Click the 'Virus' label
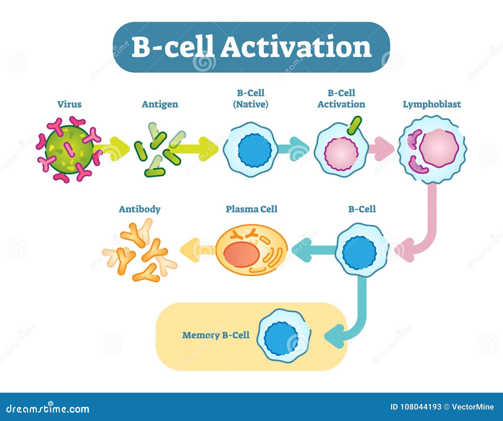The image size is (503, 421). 69,104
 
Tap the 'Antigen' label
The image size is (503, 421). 160,104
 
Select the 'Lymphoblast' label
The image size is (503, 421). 432,104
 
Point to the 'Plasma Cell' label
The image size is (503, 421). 251,209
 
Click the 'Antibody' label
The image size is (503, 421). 140,209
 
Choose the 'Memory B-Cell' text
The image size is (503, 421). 216,335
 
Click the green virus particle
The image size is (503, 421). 69,149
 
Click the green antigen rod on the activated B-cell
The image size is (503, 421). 354,125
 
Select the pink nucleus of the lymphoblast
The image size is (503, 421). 439,148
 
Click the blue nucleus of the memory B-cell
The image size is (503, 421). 281,339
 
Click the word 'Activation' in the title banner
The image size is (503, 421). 296,47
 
